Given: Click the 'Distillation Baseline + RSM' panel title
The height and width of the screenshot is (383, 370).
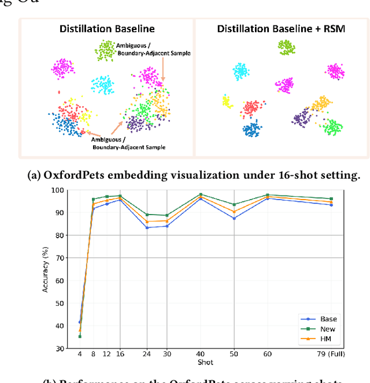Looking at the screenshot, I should [282, 28].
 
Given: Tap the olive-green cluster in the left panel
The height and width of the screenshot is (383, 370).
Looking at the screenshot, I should [106, 51].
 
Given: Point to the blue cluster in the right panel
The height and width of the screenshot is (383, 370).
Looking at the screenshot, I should [252, 129].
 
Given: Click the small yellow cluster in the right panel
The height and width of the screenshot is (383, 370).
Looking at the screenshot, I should [227, 102].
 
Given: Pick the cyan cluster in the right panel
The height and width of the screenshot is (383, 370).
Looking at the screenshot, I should [240, 71].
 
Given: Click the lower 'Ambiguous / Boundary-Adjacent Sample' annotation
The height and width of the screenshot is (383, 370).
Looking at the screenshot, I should [128, 143].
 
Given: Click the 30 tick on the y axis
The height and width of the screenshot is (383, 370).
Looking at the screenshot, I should [60, 348].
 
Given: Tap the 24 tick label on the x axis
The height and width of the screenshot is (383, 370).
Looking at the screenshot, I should [147, 354].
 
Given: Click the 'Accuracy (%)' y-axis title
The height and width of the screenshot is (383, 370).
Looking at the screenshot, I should [46, 269].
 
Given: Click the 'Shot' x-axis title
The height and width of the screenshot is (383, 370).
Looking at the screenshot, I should [205, 362].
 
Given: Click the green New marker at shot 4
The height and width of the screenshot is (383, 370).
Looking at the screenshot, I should [79, 336].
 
